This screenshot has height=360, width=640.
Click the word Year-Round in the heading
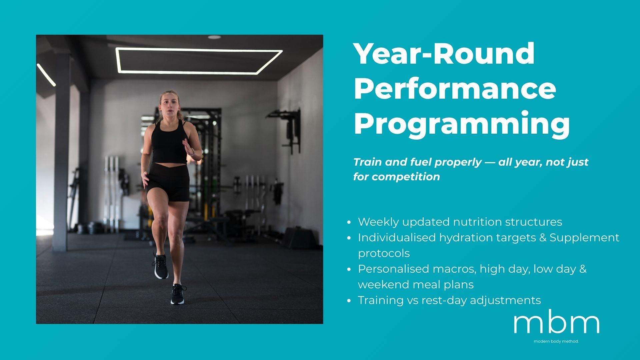[x=444, y=54]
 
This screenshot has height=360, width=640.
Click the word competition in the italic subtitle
[x=406, y=177]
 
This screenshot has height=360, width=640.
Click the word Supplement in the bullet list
[x=584, y=238]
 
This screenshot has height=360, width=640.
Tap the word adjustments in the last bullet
[x=505, y=300]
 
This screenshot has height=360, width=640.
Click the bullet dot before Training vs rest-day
[x=349, y=301]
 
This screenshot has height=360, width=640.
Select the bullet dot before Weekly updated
[x=349, y=222]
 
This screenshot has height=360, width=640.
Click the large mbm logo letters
[x=556, y=323]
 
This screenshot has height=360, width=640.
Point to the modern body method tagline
[x=556, y=341]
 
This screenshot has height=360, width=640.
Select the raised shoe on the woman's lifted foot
[x=161, y=266]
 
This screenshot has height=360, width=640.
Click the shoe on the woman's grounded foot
[x=177, y=294]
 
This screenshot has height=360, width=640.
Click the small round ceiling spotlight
[x=214, y=37]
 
